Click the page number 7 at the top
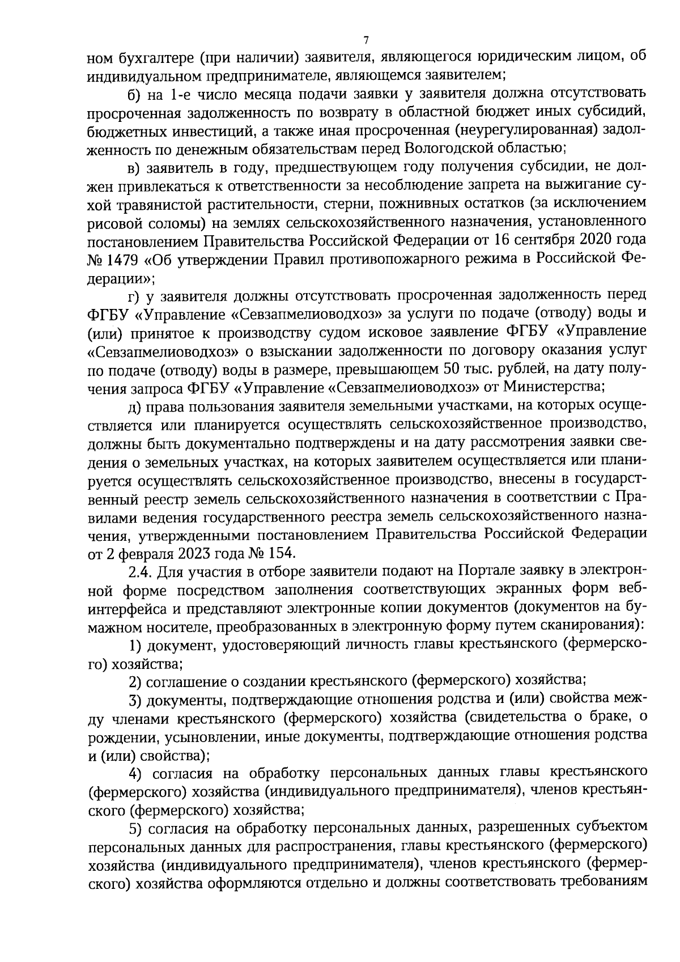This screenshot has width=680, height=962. [x=365, y=40]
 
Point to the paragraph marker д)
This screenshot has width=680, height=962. [x=134, y=406]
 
